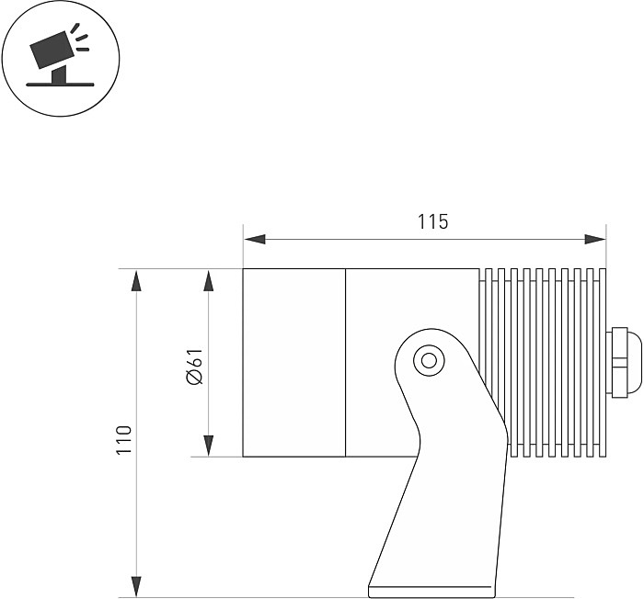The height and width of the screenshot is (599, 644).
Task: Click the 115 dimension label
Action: [433, 221]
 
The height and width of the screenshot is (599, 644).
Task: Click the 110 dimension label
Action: [124, 440]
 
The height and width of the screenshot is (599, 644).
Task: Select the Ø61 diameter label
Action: [195, 367]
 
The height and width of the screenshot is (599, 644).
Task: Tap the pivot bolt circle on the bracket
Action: [430, 361]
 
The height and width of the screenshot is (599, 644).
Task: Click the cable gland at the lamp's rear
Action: [624, 363]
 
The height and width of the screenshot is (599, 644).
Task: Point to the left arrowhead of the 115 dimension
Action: [254, 239]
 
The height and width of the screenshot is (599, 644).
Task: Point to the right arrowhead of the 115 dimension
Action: [595, 239]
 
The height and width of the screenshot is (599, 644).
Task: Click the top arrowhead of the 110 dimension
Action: [136, 280]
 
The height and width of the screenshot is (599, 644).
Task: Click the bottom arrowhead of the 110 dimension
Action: [136, 587]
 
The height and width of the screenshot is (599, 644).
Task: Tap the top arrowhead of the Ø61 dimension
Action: [209, 280]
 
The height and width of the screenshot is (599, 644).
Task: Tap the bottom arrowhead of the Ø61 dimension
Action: [209, 446]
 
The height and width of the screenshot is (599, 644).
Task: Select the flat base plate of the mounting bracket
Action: [432, 592]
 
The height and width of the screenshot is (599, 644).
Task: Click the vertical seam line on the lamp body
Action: [345, 363]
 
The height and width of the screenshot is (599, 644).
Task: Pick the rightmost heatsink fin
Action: [603, 363]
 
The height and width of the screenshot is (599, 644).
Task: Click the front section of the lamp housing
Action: [294, 363]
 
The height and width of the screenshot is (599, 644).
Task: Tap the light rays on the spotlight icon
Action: [80, 39]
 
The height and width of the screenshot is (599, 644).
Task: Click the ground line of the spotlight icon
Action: [60, 85]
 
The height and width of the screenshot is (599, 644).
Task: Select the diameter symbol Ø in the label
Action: [195, 377]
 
